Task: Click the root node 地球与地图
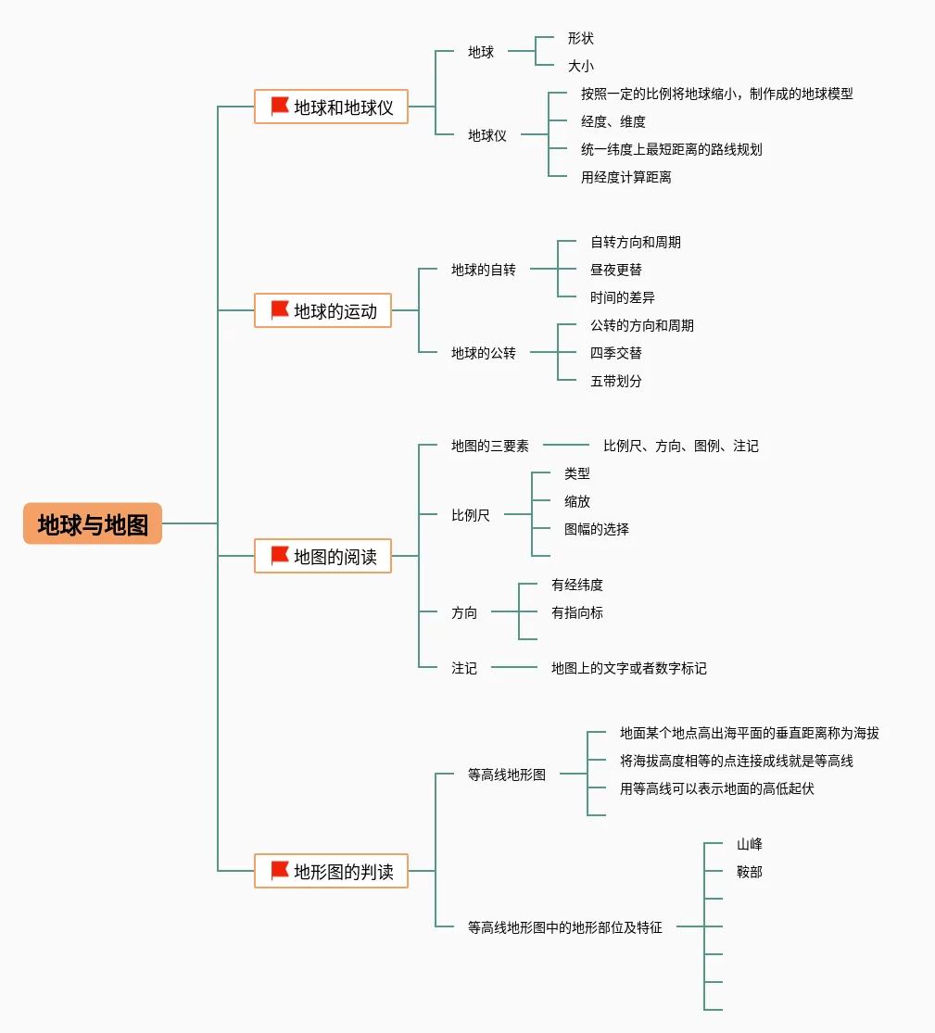(x=93, y=524)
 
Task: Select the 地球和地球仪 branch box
(x=331, y=107)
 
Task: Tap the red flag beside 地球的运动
(x=280, y=310)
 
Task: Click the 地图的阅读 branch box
(x=322, y=556)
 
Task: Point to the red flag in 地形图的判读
(x=280, y=871)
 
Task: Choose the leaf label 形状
(x=581, y=38)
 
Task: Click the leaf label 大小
(x=581, y=66)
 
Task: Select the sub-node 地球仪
(x=487, y=135)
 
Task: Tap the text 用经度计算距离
(x=626, y=177)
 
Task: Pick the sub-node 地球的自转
(x=484, y=270)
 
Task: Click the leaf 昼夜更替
(x=616, y=270)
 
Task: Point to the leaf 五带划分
(x=616, y=381)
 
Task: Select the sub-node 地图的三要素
(x=490, y=446)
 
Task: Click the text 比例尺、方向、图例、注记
(x=681, y=446)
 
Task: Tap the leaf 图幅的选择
(x=597, y=529)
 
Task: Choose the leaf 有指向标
(x=577, y=612)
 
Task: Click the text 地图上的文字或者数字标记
(x=629, y=668)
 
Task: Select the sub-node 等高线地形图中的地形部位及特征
(x=565, y=926)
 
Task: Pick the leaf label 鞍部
(x=750, y=872)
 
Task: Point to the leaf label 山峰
(x=750, y=844)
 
